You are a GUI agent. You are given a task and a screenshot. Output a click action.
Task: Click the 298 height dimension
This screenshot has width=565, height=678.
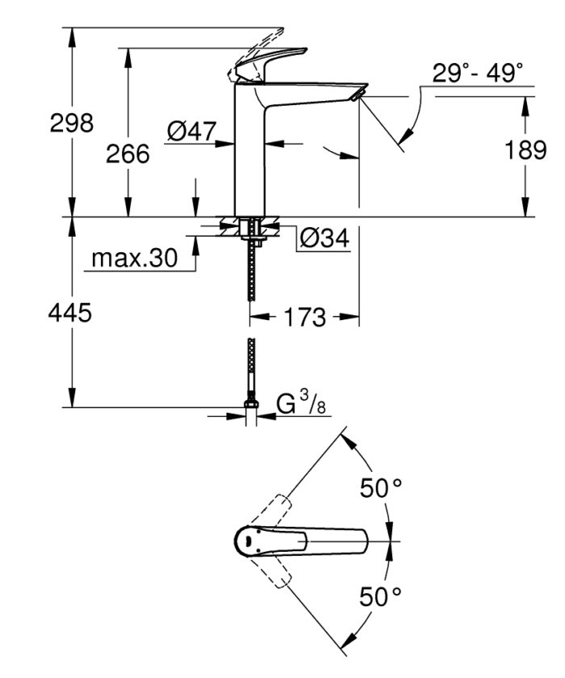tap(72, 124)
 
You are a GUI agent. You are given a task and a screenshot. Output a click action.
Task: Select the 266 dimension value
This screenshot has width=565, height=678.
tap(128, 154)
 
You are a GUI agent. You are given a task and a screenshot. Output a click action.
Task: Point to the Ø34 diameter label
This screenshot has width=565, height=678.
tap(323, 238)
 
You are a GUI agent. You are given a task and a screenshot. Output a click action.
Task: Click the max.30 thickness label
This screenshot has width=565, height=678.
tap(133, 259)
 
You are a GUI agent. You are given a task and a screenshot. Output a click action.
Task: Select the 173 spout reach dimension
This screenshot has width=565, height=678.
tap(304, 317)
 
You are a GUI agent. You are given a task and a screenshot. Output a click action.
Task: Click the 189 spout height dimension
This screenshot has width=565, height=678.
tap(526, 149)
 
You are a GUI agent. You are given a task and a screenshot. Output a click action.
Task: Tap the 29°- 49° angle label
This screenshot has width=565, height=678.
tap(477, 74)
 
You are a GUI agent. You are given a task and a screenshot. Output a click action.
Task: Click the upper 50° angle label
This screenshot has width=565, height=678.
tap(380, 487)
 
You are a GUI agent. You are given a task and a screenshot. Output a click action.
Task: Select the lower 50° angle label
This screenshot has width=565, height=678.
tap(380, 597)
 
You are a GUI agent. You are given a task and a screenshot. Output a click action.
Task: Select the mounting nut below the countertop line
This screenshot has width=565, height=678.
tap(252, 229)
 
